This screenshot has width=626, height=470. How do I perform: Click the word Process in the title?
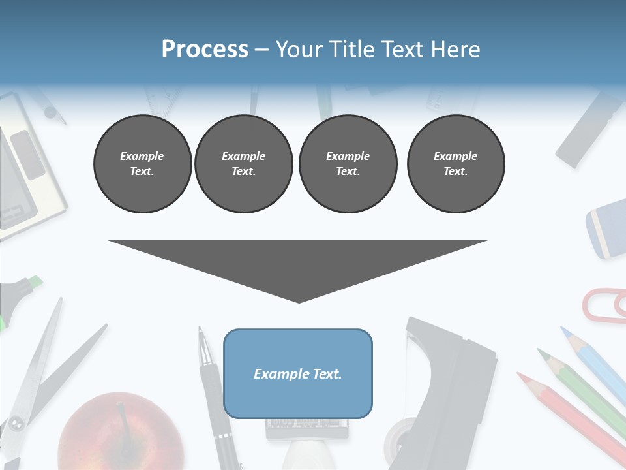(205, 50)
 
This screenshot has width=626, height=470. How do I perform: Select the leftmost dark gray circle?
(142, 164)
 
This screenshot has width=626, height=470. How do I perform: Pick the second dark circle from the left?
(243, 164)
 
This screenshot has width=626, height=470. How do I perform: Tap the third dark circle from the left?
(348, 164)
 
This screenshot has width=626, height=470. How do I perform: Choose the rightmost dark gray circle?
(455, 164)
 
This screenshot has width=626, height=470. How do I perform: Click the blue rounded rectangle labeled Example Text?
(298, 373)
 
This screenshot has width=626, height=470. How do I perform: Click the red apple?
(121, 434)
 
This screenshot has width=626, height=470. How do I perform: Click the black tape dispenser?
(450, 379)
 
